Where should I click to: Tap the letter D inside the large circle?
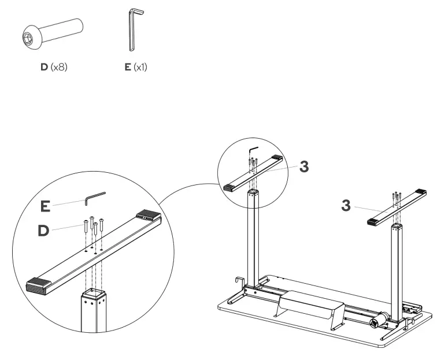(44, 231)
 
